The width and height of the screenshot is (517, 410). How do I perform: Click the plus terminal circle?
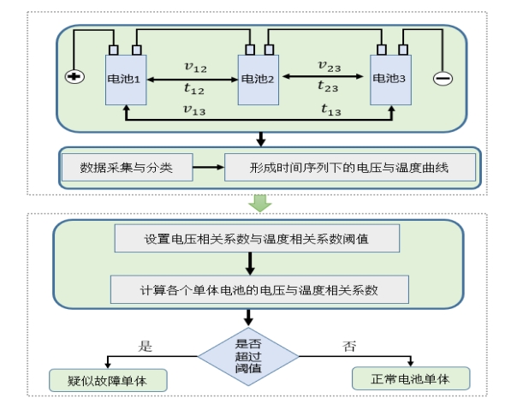[74, 77]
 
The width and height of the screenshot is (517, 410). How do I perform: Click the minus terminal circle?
[443, 78]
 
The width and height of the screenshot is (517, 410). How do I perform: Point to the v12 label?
[195, 65]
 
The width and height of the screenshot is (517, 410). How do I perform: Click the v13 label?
[194, 109]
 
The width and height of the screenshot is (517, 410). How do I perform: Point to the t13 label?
[331, 110]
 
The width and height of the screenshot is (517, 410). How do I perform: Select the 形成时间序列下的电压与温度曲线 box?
[349, 168]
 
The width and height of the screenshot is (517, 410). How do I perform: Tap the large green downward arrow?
[259, 203]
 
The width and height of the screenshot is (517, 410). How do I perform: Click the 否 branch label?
[349, 347]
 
